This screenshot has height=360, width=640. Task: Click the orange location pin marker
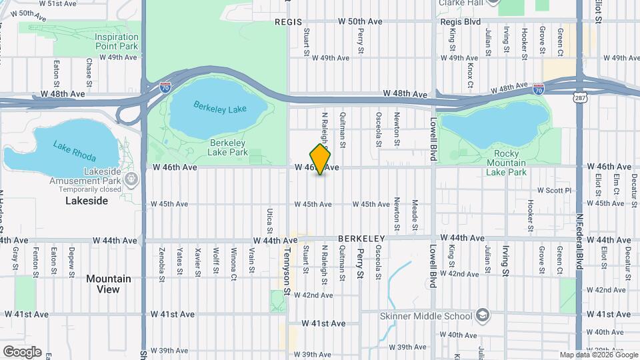[x=321, y=159]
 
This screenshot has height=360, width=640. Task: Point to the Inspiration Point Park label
[x=116, y=41]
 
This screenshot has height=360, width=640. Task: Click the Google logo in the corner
[x=22, y=352]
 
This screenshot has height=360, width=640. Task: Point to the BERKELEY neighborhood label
[x=362, y=238]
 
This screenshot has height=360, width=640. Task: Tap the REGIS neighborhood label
[x=289, y=22]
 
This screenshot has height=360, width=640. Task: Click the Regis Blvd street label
[x=461, y=21]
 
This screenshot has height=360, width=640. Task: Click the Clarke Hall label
[x=460, y=3]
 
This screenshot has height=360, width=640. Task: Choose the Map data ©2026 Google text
[x=598, y=355]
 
